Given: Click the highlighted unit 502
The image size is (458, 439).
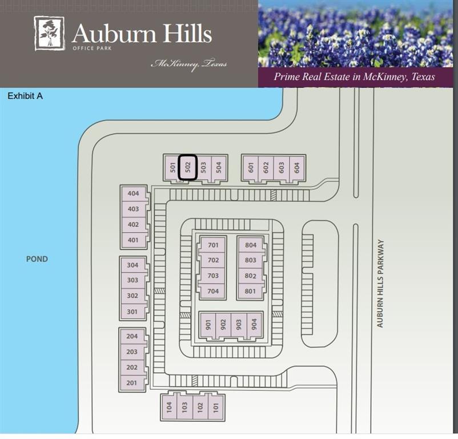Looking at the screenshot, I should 188,167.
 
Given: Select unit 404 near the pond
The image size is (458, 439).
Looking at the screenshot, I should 134,193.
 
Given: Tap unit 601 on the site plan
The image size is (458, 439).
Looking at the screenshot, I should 250,167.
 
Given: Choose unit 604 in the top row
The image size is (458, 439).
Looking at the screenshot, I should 296,167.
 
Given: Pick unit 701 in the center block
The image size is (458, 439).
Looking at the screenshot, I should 213,245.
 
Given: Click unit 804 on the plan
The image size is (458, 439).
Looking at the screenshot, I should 250,245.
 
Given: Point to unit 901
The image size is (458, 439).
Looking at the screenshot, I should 208,325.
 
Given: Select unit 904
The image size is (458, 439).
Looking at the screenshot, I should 254,325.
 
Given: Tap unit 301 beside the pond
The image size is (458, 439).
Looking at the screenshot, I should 132,312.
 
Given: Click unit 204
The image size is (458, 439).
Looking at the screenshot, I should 132,337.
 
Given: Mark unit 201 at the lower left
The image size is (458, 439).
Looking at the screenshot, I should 132,383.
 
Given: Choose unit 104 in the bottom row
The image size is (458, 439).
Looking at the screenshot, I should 169,407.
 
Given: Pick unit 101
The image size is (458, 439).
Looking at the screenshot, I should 215,407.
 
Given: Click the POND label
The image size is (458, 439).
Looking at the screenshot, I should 37,259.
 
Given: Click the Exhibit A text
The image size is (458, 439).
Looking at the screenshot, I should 25,96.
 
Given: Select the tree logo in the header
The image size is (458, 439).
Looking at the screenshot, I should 49,33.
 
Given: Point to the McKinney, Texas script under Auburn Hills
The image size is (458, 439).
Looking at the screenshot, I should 188,64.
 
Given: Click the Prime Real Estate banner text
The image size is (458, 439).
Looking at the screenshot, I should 354,77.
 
